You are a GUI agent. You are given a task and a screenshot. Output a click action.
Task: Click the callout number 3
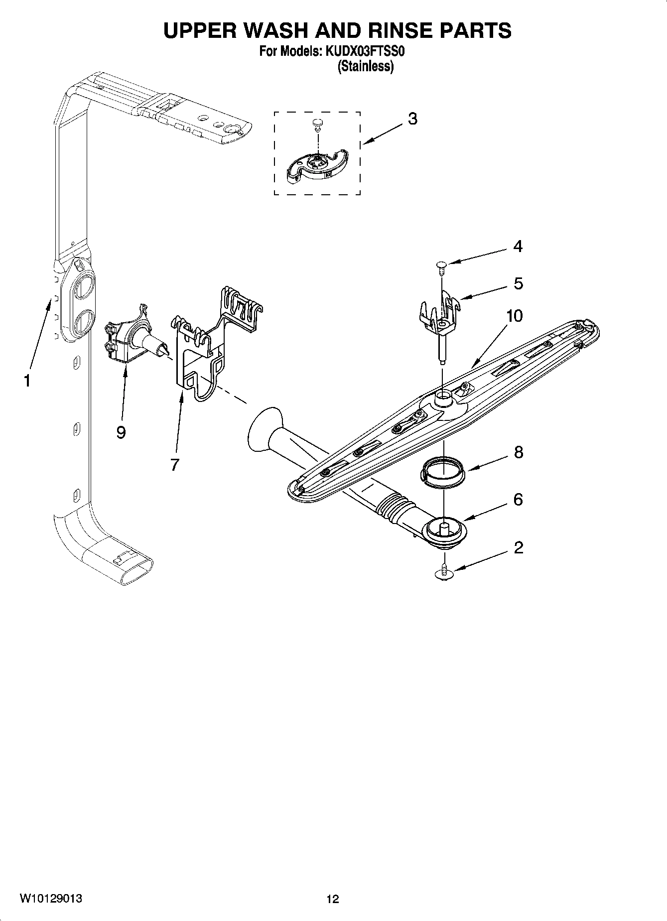(x=412, y=119)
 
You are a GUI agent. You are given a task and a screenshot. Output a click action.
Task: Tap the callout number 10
(x=515, y=315)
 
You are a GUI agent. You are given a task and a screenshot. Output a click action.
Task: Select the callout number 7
(x=174, y=465)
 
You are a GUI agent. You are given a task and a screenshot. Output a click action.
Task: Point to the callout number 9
(x=121, y=432)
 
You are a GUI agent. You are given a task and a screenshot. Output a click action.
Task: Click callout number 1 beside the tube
(x=27, y=381)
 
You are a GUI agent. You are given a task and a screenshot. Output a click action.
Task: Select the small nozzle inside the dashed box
(x=316, y=123)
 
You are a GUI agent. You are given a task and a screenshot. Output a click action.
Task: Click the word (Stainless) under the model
(x=365, y=66)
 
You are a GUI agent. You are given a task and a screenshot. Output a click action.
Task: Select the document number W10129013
(x=51, y=899)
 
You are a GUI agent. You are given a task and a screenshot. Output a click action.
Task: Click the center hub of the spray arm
(x=442, y=398)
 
